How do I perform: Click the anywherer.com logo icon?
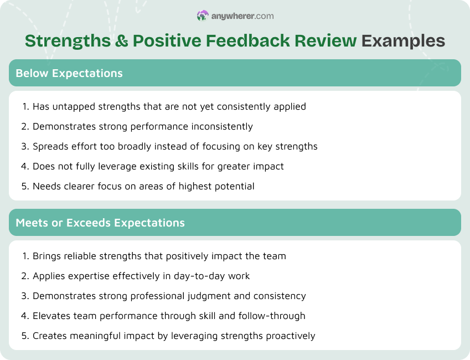point(203,16)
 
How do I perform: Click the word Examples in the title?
point(403,41)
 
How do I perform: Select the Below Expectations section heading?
point(69,73)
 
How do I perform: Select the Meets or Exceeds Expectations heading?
point(100,223)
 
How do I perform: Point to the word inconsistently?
point(222,126)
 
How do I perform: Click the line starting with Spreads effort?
point(174,146)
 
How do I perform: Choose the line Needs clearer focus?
point(143,186)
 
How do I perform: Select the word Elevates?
point(50,316)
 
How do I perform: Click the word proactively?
point(289,336)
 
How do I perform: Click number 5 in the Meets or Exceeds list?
point(25,336)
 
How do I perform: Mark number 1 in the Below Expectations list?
point(25,106)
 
